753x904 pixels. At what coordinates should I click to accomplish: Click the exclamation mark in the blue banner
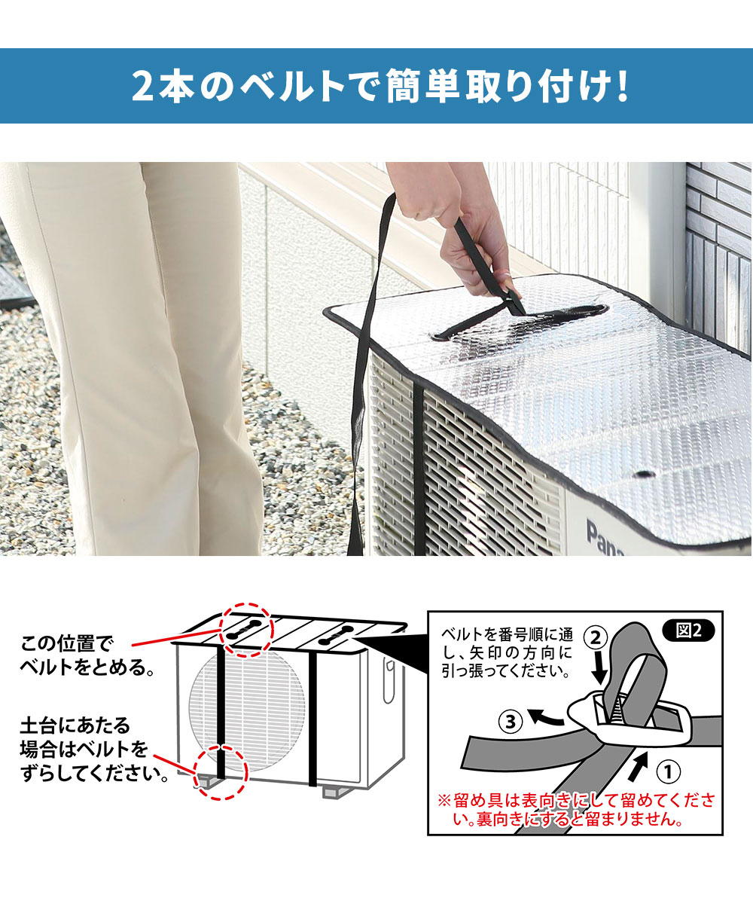[x=623, y=86]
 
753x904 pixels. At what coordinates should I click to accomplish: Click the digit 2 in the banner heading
[x=143, y=86]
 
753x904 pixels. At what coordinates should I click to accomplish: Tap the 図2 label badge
[x=688, y=631]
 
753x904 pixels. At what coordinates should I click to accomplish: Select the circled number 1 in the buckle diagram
[x=668, y=771]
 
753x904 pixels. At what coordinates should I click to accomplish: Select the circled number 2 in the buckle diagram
[x=596, y=638]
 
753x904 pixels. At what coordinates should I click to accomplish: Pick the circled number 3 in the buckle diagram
[x=511, y=722]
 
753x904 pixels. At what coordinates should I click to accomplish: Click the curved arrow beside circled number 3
[x=546, y=717]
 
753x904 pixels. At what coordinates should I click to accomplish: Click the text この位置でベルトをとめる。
[x=87, y=655]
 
